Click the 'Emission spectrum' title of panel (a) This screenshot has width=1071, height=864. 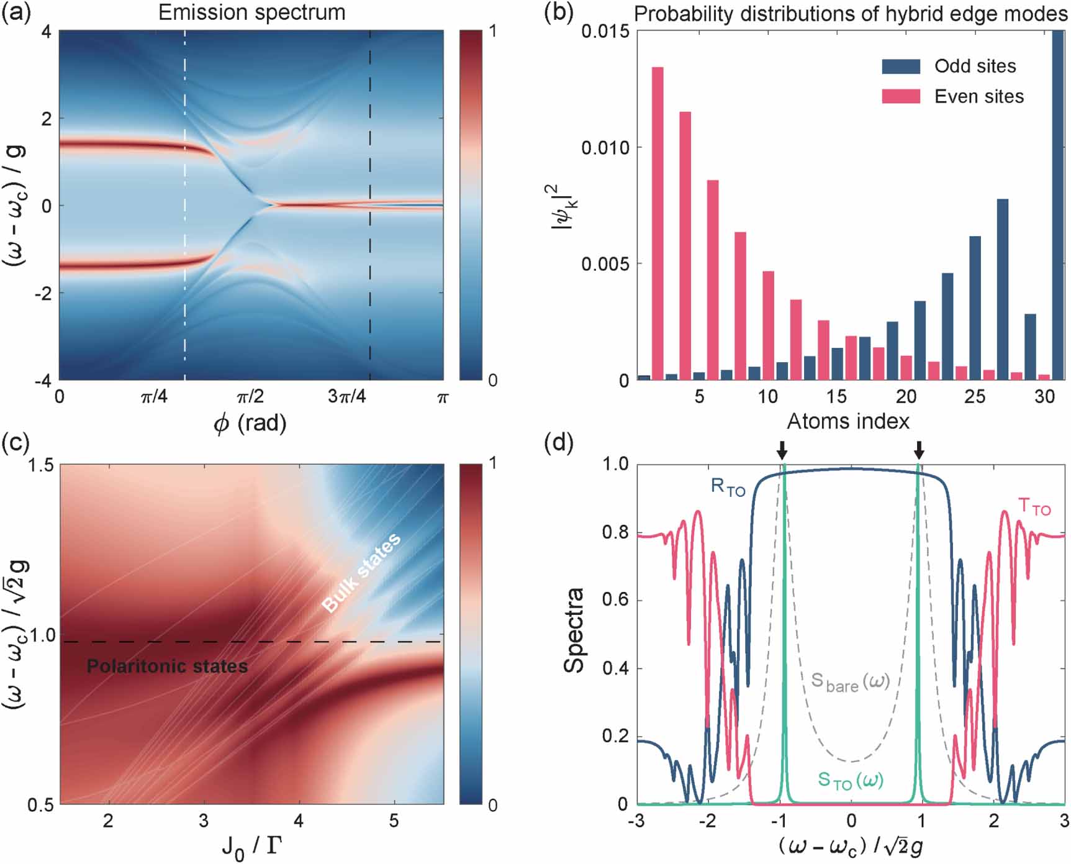click(251, 12)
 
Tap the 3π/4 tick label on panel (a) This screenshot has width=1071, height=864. click(346, 396)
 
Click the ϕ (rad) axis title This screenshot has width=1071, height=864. click(250, 424)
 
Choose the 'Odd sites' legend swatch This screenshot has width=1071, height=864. click(901, 66)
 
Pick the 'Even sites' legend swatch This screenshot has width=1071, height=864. click(901, 96)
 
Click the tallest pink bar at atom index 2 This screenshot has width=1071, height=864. click(658, 224)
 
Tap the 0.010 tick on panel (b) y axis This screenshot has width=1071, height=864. click(605, 148)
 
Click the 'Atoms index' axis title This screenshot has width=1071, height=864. click(848, 422)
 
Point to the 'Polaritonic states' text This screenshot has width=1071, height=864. click(167, 666)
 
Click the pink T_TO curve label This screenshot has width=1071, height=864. click(1034, 507)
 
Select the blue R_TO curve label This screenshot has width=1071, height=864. click(728, 487)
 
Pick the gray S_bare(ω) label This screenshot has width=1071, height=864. click(851, 681)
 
